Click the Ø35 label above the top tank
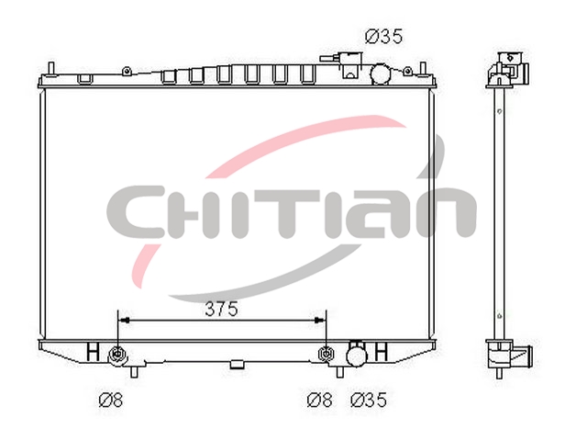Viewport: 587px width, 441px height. click(x=383, y=37)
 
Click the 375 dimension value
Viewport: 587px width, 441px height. click(x=221, y=309)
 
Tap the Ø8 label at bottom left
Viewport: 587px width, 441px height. click(x=110, y=400)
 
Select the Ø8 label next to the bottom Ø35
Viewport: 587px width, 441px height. click(x=319, y=400)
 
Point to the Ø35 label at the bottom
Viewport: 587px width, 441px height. click(x=369, y=400)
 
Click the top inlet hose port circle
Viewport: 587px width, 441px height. click(x=380, y=74)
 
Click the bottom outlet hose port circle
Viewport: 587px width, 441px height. click(x=357, y=356)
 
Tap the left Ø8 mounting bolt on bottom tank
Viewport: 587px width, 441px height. click(x=117, y=354)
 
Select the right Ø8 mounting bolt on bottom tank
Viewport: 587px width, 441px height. click(x=327, y=354)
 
